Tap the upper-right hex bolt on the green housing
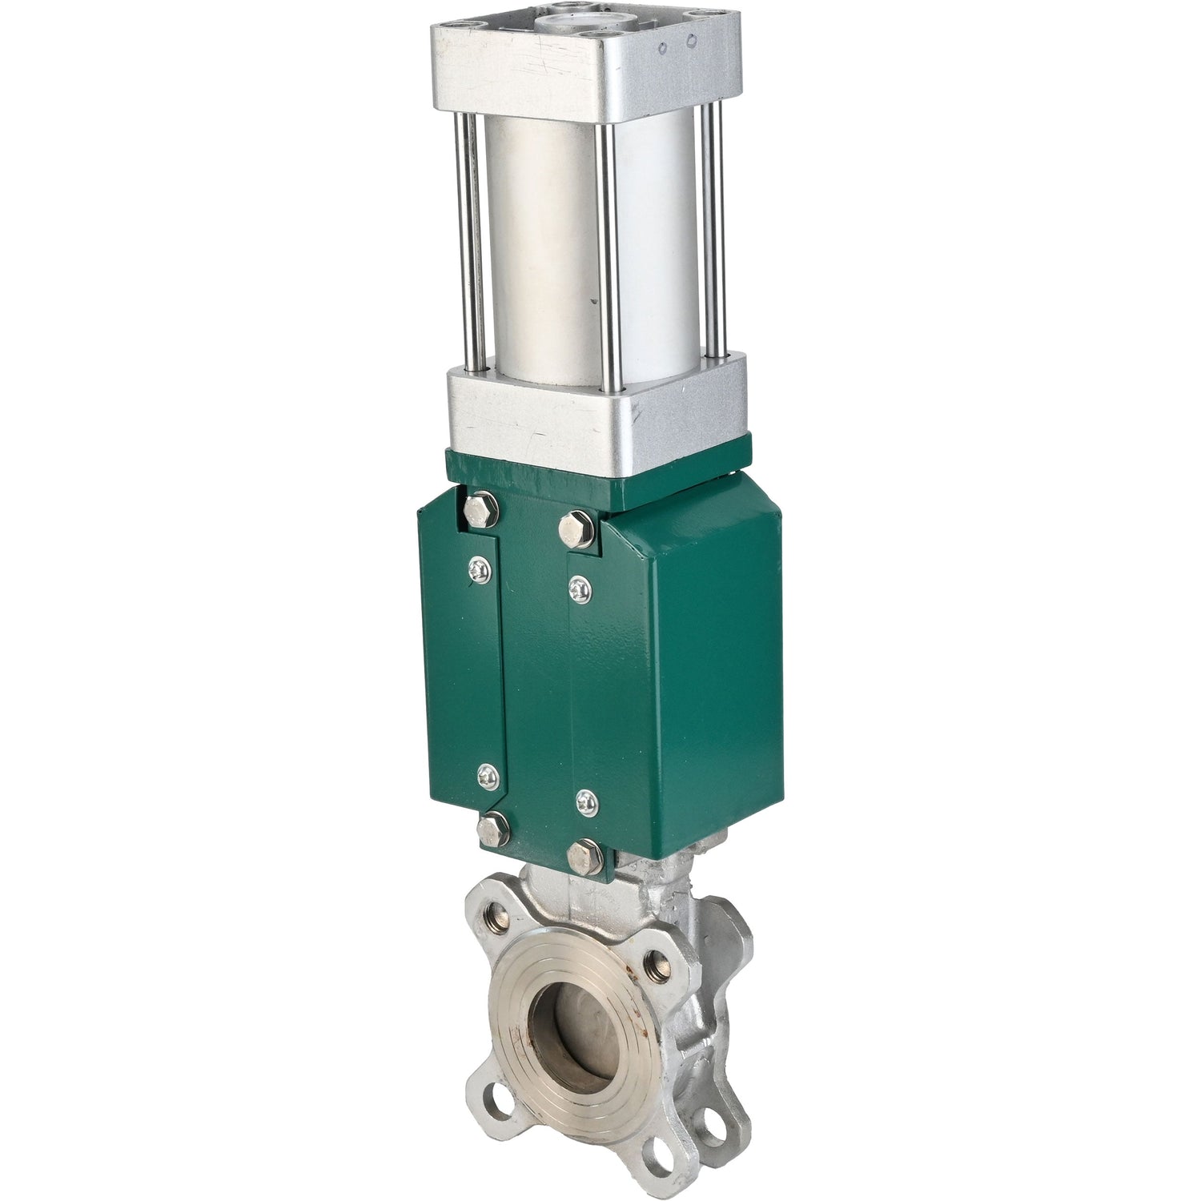tap(576, 528)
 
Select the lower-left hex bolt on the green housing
tap(492, 826)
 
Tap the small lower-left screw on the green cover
tap(488, 774)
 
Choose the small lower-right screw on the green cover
tap(587, 801)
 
